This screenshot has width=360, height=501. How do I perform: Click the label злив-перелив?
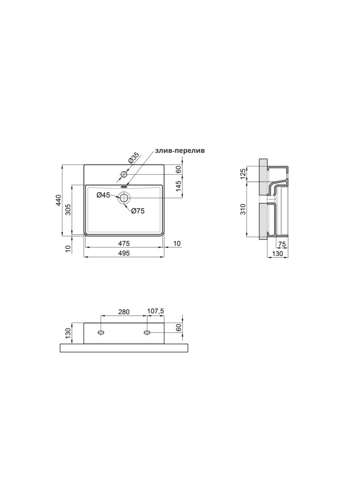(179, 151)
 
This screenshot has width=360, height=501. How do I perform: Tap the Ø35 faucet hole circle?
(123, 174)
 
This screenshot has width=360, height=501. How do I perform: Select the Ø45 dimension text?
(103, 195)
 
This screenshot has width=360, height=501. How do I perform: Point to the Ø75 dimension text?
(138, 210)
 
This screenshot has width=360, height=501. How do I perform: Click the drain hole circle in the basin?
(124, 198)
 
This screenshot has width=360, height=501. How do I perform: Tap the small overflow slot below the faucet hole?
(124, 186)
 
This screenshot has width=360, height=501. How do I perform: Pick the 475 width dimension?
(124, 243)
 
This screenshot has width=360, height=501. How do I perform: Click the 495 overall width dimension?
(124, 253)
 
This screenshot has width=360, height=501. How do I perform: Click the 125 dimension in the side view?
(243, 173)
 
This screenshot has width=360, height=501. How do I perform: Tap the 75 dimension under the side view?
(282, 244)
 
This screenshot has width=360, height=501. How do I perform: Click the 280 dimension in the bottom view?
(124, 312)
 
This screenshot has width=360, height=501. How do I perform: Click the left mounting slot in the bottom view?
(101, 333)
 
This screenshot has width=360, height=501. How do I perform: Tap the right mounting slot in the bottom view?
(147, 333)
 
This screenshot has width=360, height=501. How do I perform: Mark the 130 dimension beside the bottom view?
(69, 333)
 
